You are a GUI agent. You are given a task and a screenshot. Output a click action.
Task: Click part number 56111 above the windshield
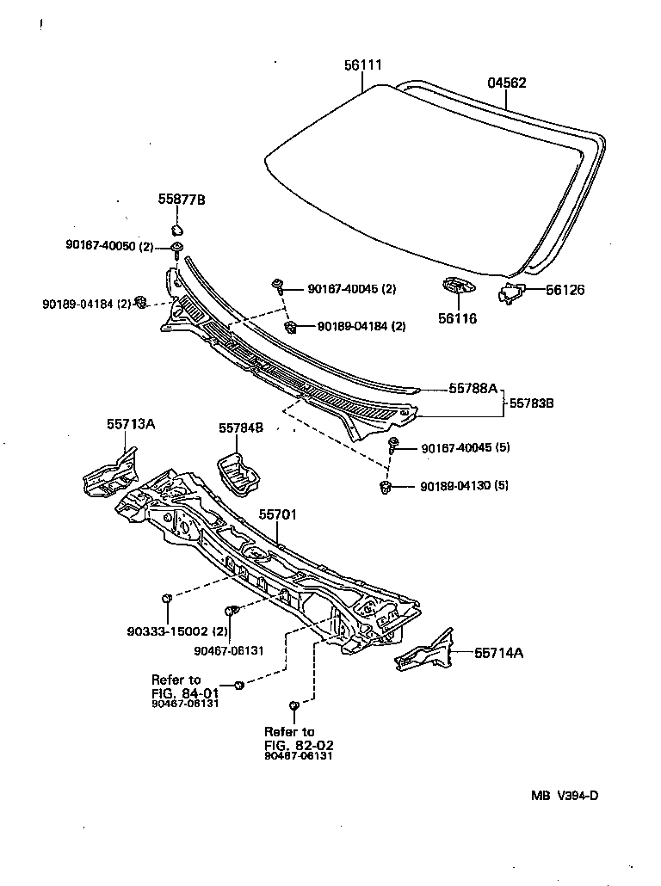(365, 65)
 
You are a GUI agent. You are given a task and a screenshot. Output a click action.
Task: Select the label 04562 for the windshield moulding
(507, 83)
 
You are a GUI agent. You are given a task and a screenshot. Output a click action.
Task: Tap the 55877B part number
(181, 200)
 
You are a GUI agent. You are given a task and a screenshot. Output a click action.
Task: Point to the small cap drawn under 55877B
(177, 231)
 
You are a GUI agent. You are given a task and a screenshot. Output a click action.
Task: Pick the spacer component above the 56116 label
(455, 287)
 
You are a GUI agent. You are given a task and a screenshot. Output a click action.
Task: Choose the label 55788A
(473, 389)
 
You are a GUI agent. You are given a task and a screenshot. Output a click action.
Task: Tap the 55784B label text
(240, 428)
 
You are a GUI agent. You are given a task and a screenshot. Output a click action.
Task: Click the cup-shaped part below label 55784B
(239, 472)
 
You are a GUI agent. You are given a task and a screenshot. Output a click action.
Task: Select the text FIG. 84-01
(184, 691)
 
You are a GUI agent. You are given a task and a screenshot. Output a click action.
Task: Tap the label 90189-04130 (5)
(464, 486)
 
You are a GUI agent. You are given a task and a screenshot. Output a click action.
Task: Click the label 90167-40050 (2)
(108, 247)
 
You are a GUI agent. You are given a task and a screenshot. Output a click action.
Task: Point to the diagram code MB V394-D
(564, 796)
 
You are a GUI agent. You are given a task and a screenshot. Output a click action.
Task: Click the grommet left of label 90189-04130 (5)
(386, 489)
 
